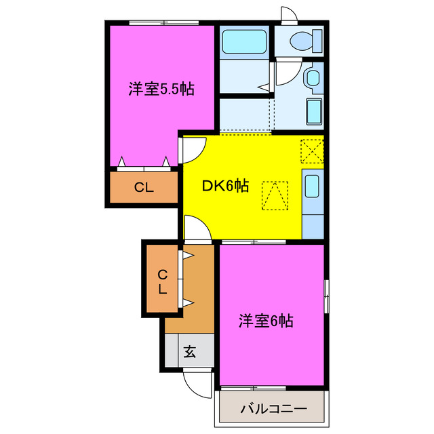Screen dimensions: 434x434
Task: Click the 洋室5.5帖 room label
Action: click(x=161, y=89)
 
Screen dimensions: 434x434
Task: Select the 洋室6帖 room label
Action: click(x=266, y=321)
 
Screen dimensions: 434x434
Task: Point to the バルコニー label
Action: click(x=273, y=410)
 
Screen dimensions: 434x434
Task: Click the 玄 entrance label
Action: click(x=189, y=352)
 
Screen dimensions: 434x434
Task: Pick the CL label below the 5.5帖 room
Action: click(x=143, y=189)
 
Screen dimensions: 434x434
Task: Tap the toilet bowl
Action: click(x=301, y=41)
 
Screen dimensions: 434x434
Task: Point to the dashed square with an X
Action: click(x=312, y=151)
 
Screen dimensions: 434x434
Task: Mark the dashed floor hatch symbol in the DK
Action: click(x=275, y=195)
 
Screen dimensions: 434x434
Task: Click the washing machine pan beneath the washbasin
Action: click(x=314, y=111)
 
